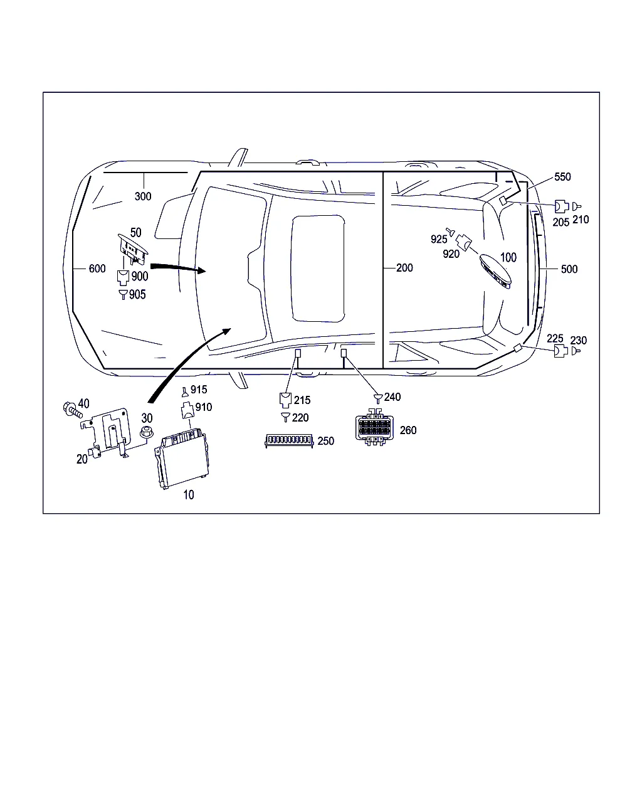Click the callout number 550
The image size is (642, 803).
coord(562,177)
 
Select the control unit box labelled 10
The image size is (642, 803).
coord(181,459)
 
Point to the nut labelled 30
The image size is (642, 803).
coord(146,432)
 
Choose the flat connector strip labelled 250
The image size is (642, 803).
coord(289,440)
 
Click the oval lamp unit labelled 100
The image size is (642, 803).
coord(495,272)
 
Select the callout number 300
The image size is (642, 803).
coord(143,196)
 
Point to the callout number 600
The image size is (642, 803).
coord(97,269)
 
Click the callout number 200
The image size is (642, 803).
coord(404,268)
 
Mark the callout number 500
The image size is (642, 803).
coord(569,269)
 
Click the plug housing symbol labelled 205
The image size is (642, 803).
coord(561,206)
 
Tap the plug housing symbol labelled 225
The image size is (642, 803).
coord(560,351)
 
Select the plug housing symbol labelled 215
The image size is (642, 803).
coord(285,400)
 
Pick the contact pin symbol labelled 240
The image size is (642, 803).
coord(378,398)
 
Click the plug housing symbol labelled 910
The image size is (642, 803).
coord(187,410)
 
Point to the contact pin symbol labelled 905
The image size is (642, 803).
coord(123,294)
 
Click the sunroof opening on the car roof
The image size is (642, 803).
coord(317,269)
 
